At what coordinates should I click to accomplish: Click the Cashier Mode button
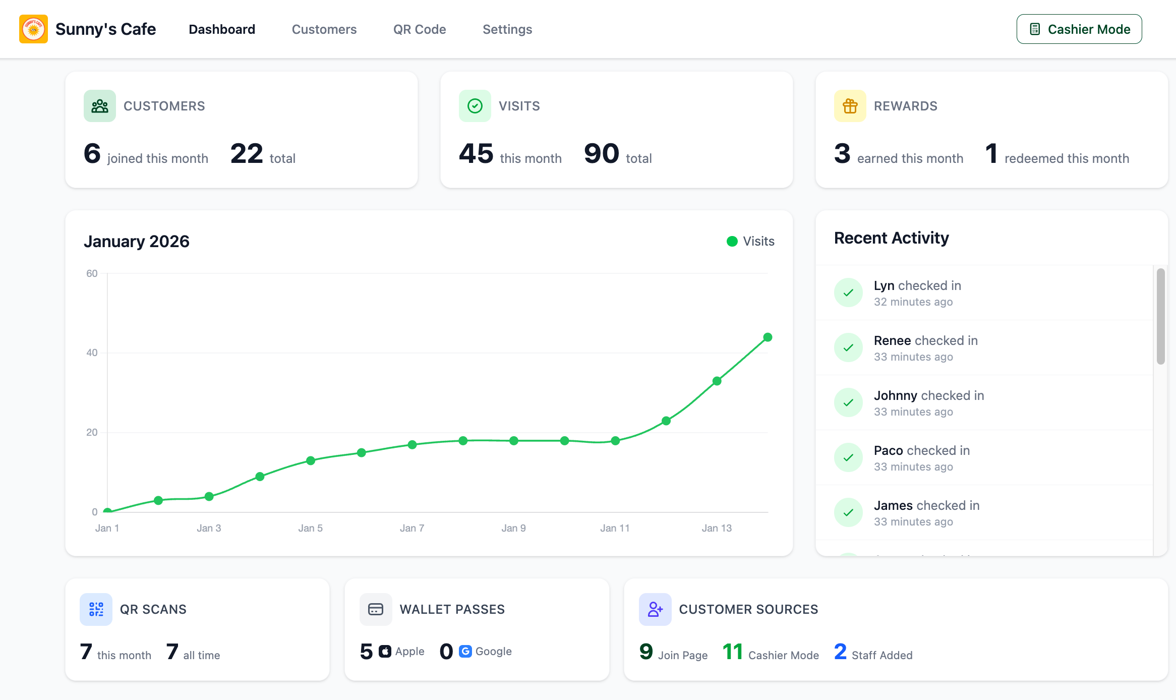(x=1079, y=29)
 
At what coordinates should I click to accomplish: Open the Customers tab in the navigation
(x=324, y=29)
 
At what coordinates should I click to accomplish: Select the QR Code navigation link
(x=419, y=29)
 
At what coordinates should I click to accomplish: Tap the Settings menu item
(x=507, y=29)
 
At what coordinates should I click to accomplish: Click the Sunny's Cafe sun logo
(x=33, y=29)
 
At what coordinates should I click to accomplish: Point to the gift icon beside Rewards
(x=850, y=106)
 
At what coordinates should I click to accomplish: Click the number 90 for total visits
(x=601, y=154)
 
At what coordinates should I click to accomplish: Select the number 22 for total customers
(x=247, y=154)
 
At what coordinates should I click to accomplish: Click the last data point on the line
(x=768, y=337)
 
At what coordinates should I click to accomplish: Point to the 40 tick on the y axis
(x=92, y=353)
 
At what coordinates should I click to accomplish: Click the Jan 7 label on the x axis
(x=411, y=528)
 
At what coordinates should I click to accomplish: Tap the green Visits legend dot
(x=732, y=242)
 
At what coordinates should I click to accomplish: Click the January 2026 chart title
(x=136, y=242)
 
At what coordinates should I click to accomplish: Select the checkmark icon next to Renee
(x=848, y=347)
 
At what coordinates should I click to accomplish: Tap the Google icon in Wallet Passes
(x=465, y=652)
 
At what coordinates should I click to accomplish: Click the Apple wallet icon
(x=385, y=652)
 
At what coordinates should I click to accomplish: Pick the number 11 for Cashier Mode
(x=732, y=652)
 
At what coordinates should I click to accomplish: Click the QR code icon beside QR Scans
(x=96, y=609)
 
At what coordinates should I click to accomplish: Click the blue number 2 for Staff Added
(x=840, y=652)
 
